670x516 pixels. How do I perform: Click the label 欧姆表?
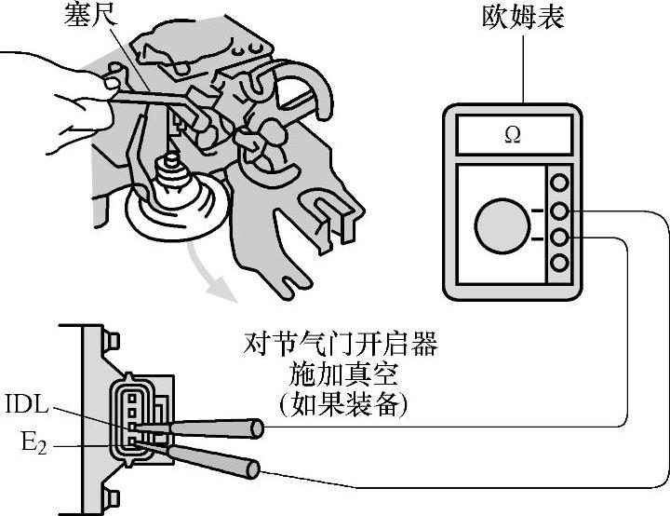click(x=524, y=20)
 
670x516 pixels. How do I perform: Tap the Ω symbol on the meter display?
click(x=512, y=135)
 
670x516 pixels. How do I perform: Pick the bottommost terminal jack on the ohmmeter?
click(x=559, y=264)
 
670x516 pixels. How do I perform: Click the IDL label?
click(x=26, y=407)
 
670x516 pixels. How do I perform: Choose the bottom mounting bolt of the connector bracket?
click(x=113, y=496)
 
